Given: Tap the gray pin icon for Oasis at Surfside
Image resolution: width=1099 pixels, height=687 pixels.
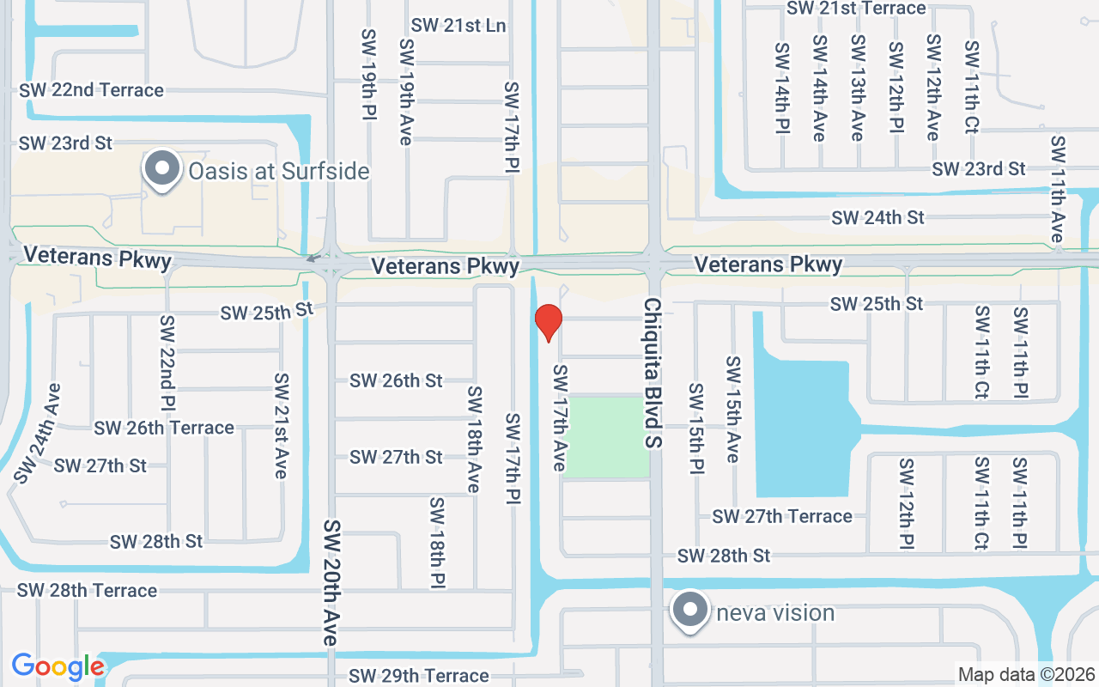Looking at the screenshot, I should [x=161, y=169].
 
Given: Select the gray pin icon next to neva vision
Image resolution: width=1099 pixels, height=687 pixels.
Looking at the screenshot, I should [x=689, y=611].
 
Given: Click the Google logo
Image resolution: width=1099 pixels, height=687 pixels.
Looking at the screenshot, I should [x=58, y=666].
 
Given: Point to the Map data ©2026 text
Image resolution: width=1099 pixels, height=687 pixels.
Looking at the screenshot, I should [x=1027, y=675].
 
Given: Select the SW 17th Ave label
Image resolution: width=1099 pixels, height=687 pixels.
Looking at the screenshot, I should [x=560, y=417].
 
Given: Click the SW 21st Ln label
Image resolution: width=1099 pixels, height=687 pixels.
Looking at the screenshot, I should [x=458, y=26].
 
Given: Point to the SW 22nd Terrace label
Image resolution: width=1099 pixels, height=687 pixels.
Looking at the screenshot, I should [x=91, y=90].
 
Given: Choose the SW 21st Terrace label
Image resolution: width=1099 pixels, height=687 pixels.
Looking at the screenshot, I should [x=856, y=9].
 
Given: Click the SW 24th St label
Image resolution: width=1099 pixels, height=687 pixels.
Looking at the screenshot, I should [x=877, y=218].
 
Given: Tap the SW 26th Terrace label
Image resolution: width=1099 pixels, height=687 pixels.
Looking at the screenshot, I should [x=164, y=428].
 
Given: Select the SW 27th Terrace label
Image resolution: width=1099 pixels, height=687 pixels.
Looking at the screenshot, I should [x=782, y=516].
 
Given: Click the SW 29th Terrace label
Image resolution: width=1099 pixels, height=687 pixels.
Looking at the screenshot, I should [x=419, y=676].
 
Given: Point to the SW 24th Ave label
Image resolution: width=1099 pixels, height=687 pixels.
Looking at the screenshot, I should [x=37, y=433].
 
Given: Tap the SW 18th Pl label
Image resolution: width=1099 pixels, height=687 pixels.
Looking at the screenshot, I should [x=437, y=543].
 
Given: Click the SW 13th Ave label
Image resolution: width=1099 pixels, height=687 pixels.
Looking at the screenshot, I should [x=857, y=88].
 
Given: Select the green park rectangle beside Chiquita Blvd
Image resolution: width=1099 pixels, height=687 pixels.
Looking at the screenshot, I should [x=605, y=437].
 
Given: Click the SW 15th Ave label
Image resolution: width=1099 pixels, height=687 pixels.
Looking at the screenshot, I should [x=732, y=410].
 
